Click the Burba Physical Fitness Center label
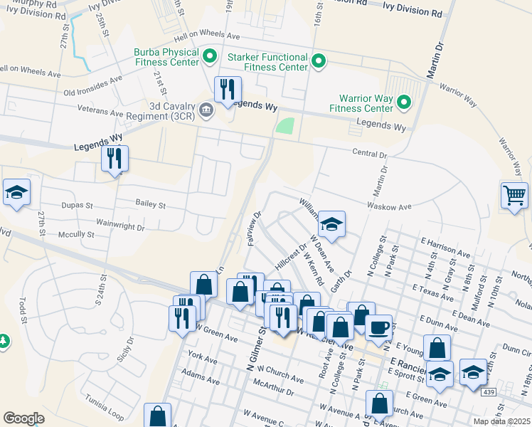[166, 58]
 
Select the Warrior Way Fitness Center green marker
[404, 102]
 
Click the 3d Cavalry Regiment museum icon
[206, 109]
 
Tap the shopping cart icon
[514, 194]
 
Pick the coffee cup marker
[378, 327]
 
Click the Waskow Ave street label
[390, 206]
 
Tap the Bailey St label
[150, 204]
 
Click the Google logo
[23, 418]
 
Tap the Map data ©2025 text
[501, 421]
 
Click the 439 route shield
[487, 391]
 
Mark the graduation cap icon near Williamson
[331, 224]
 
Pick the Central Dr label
[370, 153]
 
